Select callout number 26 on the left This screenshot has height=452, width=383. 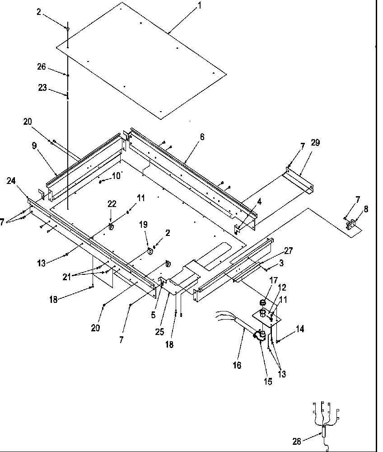coord(42,66)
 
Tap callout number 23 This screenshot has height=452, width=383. coord(42,88)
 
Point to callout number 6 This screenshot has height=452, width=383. coord(202,137)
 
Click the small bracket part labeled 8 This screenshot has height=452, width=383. coord(350,223)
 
